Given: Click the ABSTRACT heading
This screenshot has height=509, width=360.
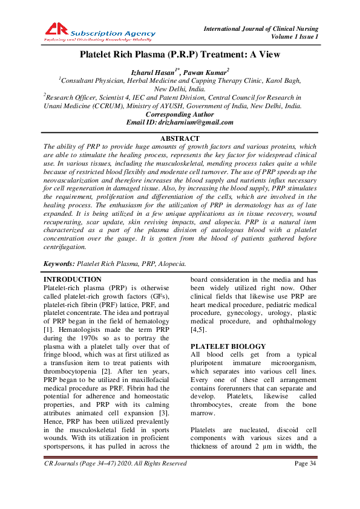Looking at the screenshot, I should [x=180, y=139].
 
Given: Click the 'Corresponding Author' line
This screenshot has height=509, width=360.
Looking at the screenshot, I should [x=180, y=114].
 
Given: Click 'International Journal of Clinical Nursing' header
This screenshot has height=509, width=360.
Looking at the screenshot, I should [x=261, y=29].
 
